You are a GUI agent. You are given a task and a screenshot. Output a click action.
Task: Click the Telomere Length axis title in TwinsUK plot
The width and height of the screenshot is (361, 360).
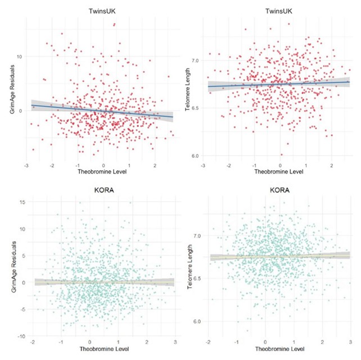click(x=188, y=93)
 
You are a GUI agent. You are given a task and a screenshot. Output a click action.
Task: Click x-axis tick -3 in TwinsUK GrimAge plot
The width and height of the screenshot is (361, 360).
click(x=26, y=166)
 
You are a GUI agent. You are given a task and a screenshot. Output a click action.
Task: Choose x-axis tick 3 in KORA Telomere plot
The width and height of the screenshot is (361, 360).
click(x=350, y=342)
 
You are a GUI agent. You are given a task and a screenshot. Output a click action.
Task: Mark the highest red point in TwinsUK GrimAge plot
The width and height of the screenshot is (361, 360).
click(x=115, y=25)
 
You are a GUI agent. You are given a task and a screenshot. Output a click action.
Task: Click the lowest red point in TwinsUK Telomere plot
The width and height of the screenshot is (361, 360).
click(x=282, y=154)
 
